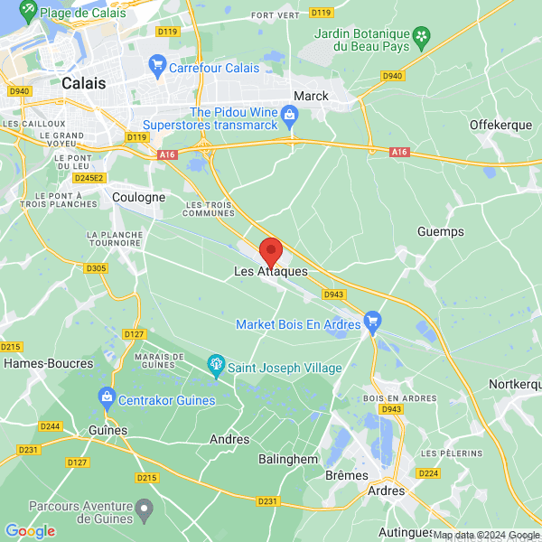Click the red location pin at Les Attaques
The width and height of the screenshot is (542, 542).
[x=271, y=250]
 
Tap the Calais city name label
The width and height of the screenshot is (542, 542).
[x=84, y=82]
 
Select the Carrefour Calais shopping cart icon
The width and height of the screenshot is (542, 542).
[x=158, y=66]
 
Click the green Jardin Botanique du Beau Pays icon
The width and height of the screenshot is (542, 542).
[x=421, y=35]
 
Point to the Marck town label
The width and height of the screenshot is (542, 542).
[x=312, y=96]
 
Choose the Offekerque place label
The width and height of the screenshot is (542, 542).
[x=501, y=125]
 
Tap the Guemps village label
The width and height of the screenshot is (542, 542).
[x=441, y=232]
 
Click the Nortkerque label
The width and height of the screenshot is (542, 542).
[x=515, y=385]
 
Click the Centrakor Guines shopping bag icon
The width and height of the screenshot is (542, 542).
[x=107, y=397]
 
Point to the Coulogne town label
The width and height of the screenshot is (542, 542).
[x=139, y=197]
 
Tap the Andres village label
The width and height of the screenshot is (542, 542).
[x=229, y=439]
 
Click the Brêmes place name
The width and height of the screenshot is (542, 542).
[x=348, y=475]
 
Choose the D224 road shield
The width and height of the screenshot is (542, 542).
[x=429, y=473]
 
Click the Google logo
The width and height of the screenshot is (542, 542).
[x=30, y=531]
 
